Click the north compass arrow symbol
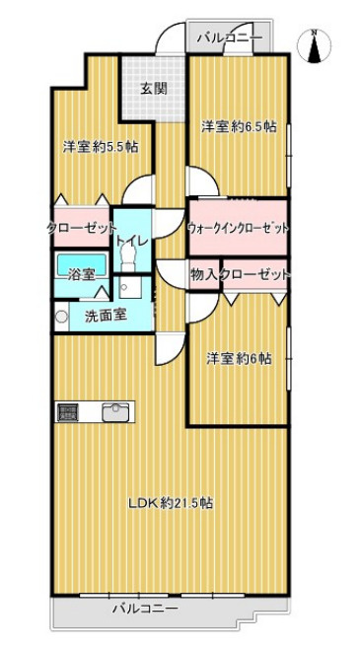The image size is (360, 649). (x=315, y=46)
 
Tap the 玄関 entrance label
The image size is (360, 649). (x=153, y=88)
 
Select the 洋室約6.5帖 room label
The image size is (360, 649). (x=239, y=126)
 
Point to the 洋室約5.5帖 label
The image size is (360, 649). (x=100, y=147)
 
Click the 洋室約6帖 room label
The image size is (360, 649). (x=239, y=357)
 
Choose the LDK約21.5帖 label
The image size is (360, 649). (x=170, y=503)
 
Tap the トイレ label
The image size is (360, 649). (x=129, y=240)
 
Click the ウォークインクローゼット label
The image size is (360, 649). (x=238, y=228)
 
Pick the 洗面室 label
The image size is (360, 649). (x=104, y=318)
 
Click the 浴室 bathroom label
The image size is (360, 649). (x=81, y=275)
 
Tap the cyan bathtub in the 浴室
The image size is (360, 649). (x=76, y=263)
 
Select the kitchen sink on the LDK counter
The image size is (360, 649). (x=117, y=411)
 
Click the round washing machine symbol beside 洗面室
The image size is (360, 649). (x=61, y=318)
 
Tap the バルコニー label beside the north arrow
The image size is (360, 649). (x=229, y=37)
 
